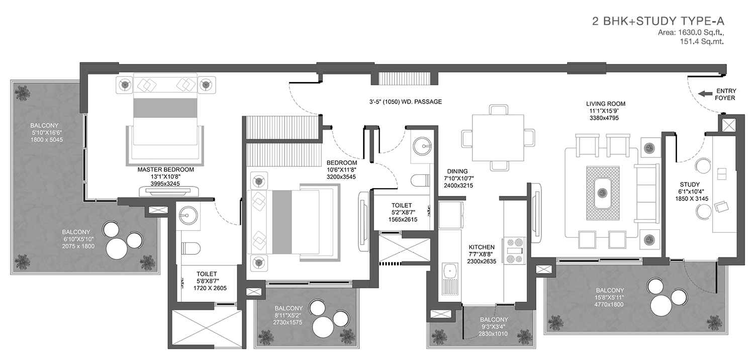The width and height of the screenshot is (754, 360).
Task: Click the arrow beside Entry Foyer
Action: pyautogui.click(x=705, y=94)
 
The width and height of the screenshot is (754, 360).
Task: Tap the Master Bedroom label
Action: pyautogui.click(x=165, y=169)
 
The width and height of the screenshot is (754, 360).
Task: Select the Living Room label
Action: pyautogui.click(x=606, y=104)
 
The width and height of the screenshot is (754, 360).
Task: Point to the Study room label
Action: pyautogui.click(x=690, y=185)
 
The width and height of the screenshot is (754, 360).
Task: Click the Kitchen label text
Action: pyautogui.click(x=482, y=247)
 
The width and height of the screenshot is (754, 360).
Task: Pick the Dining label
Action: pyautogui.click(x=457, y=171)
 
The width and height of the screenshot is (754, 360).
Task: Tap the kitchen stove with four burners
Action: pyautogui.click(x=514, y=250)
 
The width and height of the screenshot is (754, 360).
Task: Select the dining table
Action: pyautogui.click(x=498, y=138)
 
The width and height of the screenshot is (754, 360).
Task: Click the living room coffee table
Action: pyautogui.click(x=603, y=193)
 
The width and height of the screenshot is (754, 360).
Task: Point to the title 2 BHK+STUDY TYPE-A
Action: pyautogui.click(x=658, y=21)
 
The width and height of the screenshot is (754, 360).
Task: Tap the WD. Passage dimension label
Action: pyautogui.click(x=405, y=102)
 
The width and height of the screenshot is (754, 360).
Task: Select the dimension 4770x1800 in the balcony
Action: pyautogui.click(x=609, y=304)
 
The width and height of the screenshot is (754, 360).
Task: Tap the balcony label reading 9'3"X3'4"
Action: pyautogui.click(x=494, y=327)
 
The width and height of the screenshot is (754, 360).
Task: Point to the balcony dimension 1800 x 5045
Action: pyautogui.click(x=46, y=140)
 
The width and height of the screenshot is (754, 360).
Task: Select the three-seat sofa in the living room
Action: pyautogui.click(x=646, y=194)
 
